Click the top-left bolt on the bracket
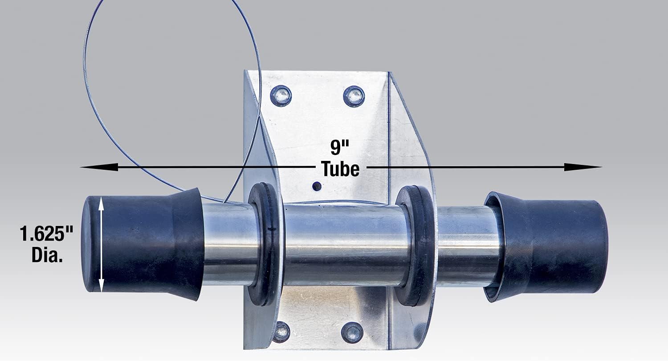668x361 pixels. pos(281,96)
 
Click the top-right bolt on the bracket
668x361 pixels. pos(354,96)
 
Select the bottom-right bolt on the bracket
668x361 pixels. pos(352,332)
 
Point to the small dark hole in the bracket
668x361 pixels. pos(317,187)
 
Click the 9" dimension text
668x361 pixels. pos(340,147)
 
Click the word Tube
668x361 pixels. pos(340,169)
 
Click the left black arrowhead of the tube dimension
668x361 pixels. pos(99,167)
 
